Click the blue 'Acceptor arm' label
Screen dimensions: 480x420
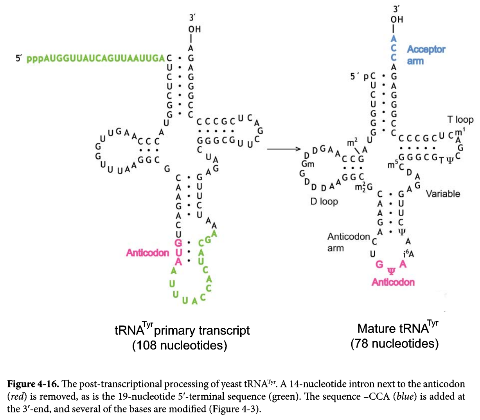[x=426, y=55]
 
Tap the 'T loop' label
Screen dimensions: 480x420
[x=460, y=119]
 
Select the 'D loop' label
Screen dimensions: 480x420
[x=324, y=201]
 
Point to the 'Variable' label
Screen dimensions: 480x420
[x=443, y=194]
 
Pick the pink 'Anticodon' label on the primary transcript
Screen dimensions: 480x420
[x=147, y=253]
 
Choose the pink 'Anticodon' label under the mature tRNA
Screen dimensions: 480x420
[x=393, y=282]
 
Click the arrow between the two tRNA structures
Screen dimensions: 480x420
[x=284, y=149]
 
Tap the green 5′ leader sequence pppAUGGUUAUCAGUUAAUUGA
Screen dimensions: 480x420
[x=95, y=58]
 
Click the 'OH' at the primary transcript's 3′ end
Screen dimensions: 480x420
[x=194, y=29]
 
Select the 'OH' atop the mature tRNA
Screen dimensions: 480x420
[x=396, y=19]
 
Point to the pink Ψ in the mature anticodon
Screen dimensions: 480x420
[x=391, y=271]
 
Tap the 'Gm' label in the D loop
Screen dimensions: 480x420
[x=307, y=164]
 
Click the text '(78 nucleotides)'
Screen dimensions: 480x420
[x=394, y=344]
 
